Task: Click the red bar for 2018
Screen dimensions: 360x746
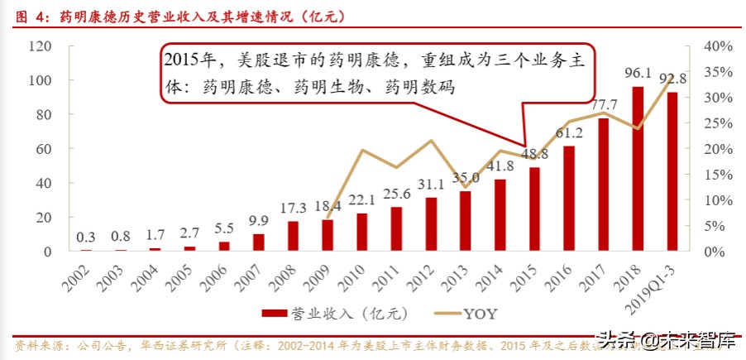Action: pyautogui.click(x=638, y=169)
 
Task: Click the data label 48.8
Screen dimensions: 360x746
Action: pyautogui.click(x=534, y=153)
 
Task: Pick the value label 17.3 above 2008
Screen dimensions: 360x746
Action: pyautogui.click(x=292, y=208)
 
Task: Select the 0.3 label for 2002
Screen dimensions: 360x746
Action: pyautogui.click(x=86, y=237)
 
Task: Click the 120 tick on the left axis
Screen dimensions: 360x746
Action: pyautogui.click(x=39, y=46)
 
